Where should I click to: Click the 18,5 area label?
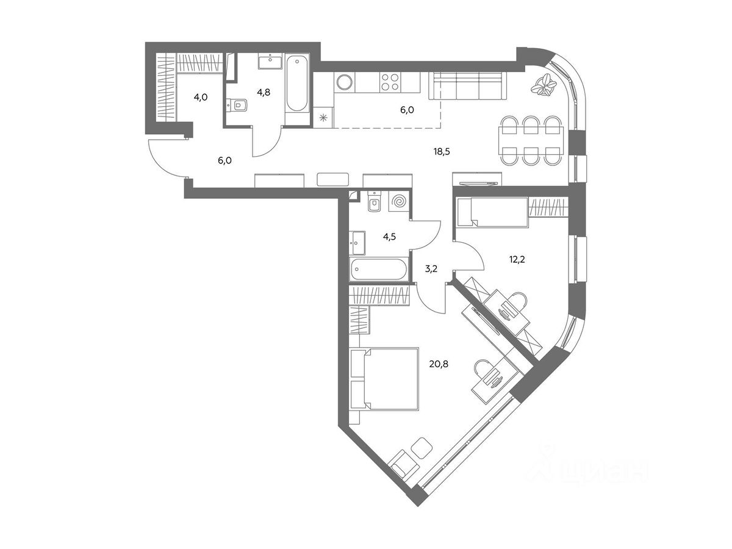tap(442, 152)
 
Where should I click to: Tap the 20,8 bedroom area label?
tap(439, 364)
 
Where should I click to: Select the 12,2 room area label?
tap(517, 259)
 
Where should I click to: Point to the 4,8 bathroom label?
tap(264, 92)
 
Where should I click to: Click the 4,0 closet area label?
tap(201, 98)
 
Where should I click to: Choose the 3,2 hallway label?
tap(431, 268)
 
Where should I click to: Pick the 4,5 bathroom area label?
tap(389, 237)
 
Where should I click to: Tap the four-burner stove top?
tap(390, 82)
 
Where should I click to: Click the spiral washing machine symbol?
tap(399, 202)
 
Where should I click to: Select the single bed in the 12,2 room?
tap(492, 212)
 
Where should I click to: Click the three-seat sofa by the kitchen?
tap(467, 85)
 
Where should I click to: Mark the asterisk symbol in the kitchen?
tap(323, 117)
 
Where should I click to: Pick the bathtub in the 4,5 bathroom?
tap(379, 269)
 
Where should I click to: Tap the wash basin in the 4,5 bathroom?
tap(357, 243)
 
